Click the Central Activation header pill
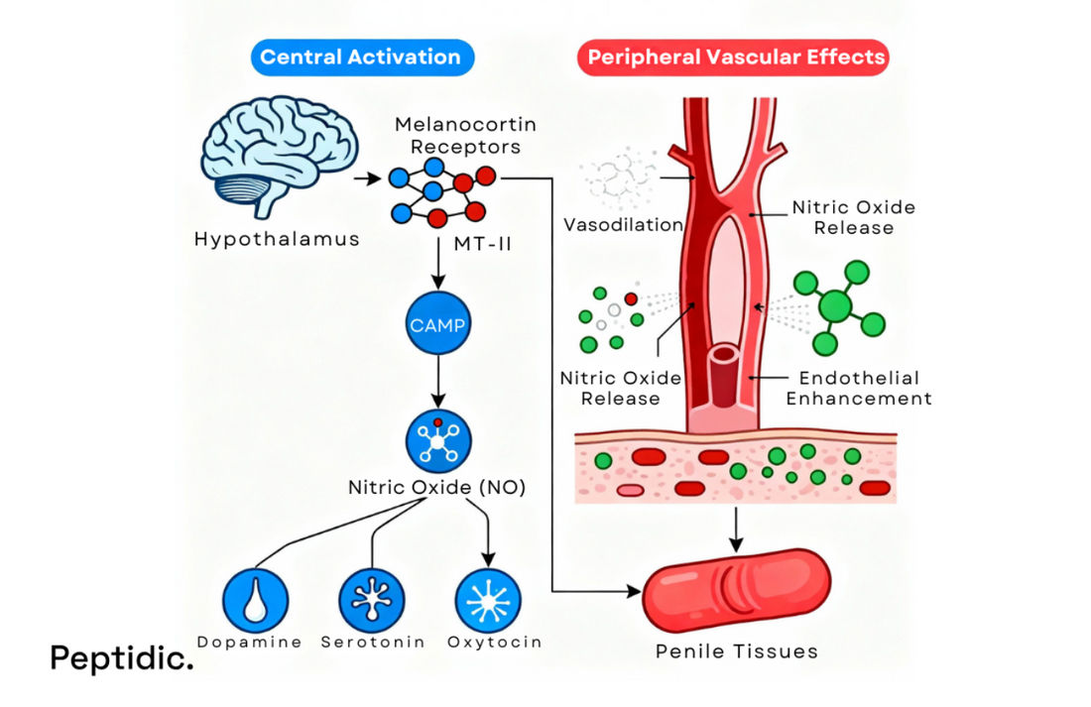coord(360,58)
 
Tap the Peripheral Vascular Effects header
coord(735,58)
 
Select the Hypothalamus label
coord(277,239)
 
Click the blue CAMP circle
coord(438,325)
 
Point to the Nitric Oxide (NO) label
coord(436,488)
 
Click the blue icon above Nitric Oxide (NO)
coord(438,441)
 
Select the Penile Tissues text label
coord(736,651)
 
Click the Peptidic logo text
coord(121,657)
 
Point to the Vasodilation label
coord(623,225)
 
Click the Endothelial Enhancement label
coord(858,388)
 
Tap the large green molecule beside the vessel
coord(839,306)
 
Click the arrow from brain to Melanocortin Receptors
coord(366,179)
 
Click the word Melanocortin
coord(451,126)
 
